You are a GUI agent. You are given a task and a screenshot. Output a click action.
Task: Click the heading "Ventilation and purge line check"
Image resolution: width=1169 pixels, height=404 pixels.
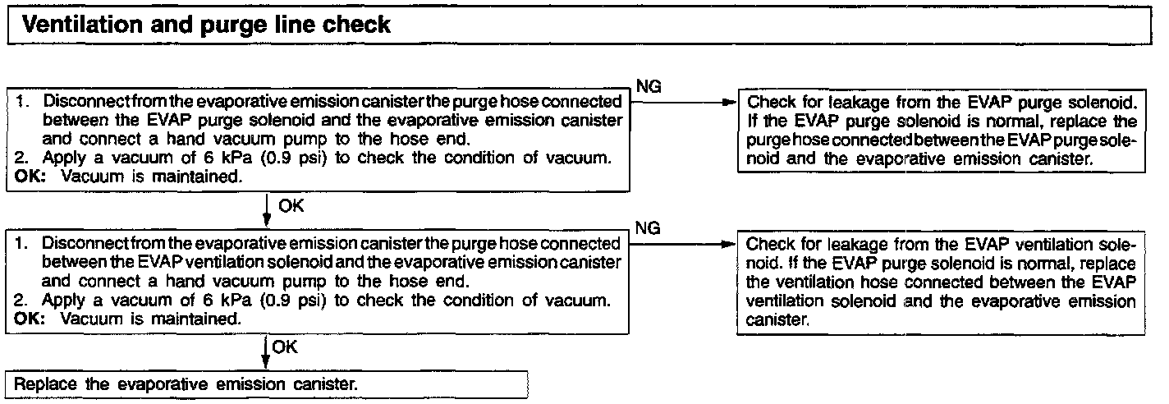coord(208,25)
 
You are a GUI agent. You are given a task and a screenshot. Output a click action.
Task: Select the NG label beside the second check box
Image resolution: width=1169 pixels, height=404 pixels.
coord(646,228)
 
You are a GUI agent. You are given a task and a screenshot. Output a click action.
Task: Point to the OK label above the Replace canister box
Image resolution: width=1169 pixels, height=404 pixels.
coord(284,347)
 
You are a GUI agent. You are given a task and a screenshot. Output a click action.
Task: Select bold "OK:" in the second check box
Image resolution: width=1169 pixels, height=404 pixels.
coord(29,318)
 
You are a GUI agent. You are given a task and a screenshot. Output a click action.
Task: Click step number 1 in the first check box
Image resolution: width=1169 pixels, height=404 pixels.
coord(21,103)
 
